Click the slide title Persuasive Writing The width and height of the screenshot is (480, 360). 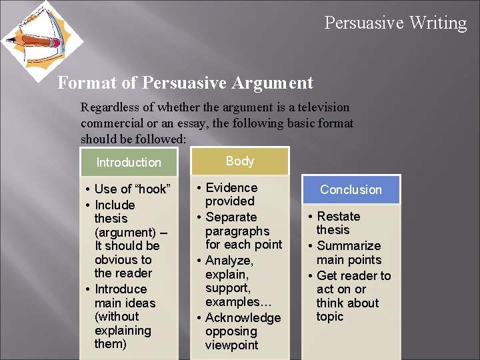(395, 23)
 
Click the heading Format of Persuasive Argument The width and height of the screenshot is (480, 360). (185, 83)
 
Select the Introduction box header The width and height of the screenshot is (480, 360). (129, 163)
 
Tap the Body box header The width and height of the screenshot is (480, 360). (240, 161)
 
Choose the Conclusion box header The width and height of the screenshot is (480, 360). (351, 190)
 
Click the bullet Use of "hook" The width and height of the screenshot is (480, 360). (132, 189)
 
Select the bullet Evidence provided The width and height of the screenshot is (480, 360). (231, 195)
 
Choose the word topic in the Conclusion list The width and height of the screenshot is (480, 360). (330, 317)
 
